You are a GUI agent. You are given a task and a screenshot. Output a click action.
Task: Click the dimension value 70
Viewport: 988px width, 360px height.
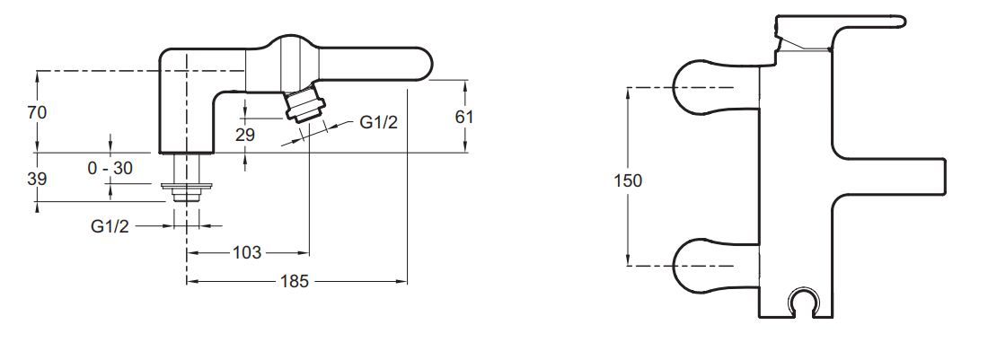pyautogui.click(x=37, y=112)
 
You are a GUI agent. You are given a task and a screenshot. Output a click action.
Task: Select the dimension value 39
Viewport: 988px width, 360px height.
pyautogui.click(x=37, y=179)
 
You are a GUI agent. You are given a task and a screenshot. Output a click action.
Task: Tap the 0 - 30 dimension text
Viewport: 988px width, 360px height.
pyautogui.click(x=110, y=168)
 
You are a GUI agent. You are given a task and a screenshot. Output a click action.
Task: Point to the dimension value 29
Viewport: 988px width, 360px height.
pyautogui.click(x=244, y=135)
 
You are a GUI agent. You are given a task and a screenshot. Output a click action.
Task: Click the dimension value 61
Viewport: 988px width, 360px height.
pyautogui.click(x=463, y=117)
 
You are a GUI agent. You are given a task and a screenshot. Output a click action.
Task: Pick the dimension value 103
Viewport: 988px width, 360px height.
pyautogui.click(x=247, y=252)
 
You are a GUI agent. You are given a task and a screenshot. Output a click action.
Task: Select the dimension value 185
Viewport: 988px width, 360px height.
pyautogui.click(x=295, y=281)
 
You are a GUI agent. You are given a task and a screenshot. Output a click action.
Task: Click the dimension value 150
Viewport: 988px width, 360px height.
pyautogui.click(x=628, y=180)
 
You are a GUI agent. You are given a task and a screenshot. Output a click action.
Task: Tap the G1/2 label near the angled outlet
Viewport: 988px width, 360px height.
pyautogui.click(x=379, y=122)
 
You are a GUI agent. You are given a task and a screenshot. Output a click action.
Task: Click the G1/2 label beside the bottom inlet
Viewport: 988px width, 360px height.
pyautogui.click(x=110, y=226)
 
